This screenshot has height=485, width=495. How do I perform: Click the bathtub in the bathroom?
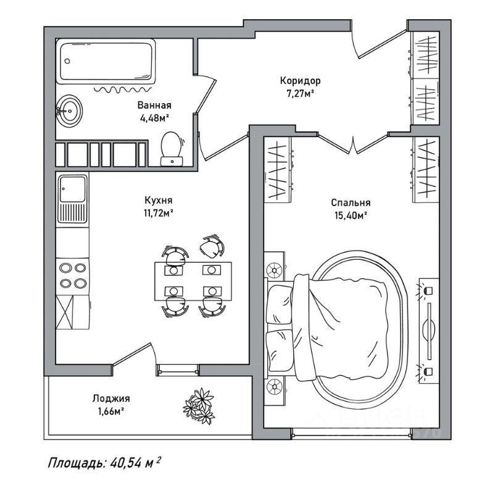[109, 62]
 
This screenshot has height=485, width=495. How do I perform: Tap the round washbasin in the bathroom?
[69, 112]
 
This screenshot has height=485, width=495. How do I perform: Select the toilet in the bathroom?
[170, 148]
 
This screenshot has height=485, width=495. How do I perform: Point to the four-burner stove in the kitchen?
[72, 275]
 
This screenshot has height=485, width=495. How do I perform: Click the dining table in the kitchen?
[193, 280]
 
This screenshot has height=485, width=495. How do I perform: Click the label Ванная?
[154, 105]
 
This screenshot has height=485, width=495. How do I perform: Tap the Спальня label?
[350, 202]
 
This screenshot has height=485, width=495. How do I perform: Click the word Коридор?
[300, 81]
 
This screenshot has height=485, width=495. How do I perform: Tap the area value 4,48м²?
[154, 117]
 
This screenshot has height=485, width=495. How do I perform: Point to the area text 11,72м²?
[158, 213]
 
